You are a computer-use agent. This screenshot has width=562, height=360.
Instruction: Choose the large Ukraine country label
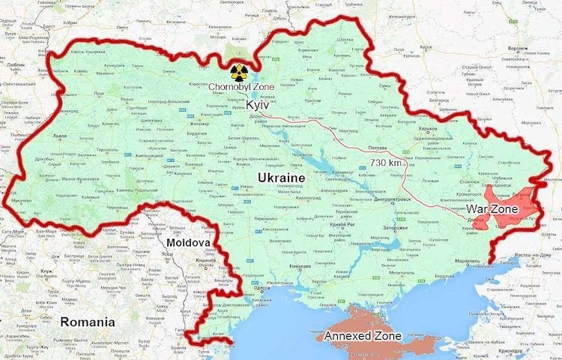pyautogui.click(x=281, y=177)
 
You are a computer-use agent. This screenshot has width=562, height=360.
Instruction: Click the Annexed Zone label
pyautogui.click(x=363, y=336)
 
